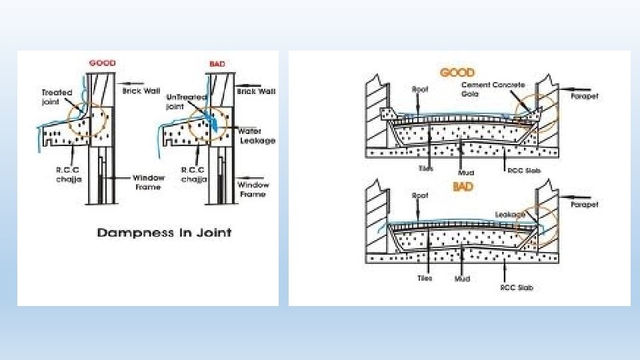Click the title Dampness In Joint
tap(164, 233)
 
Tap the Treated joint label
tap(57, 97)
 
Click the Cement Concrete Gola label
tap(493, 89)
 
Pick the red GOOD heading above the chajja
tap(102, 63)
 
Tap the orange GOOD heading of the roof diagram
tap(457, 72)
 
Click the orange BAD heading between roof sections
tap(463, 187)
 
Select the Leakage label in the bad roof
tap(510, 214)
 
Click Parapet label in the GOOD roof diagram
tap(585, 97)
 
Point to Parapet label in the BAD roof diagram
tap(585, 205)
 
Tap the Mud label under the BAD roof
tap(462, 278)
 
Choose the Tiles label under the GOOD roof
tap(425, 169)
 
